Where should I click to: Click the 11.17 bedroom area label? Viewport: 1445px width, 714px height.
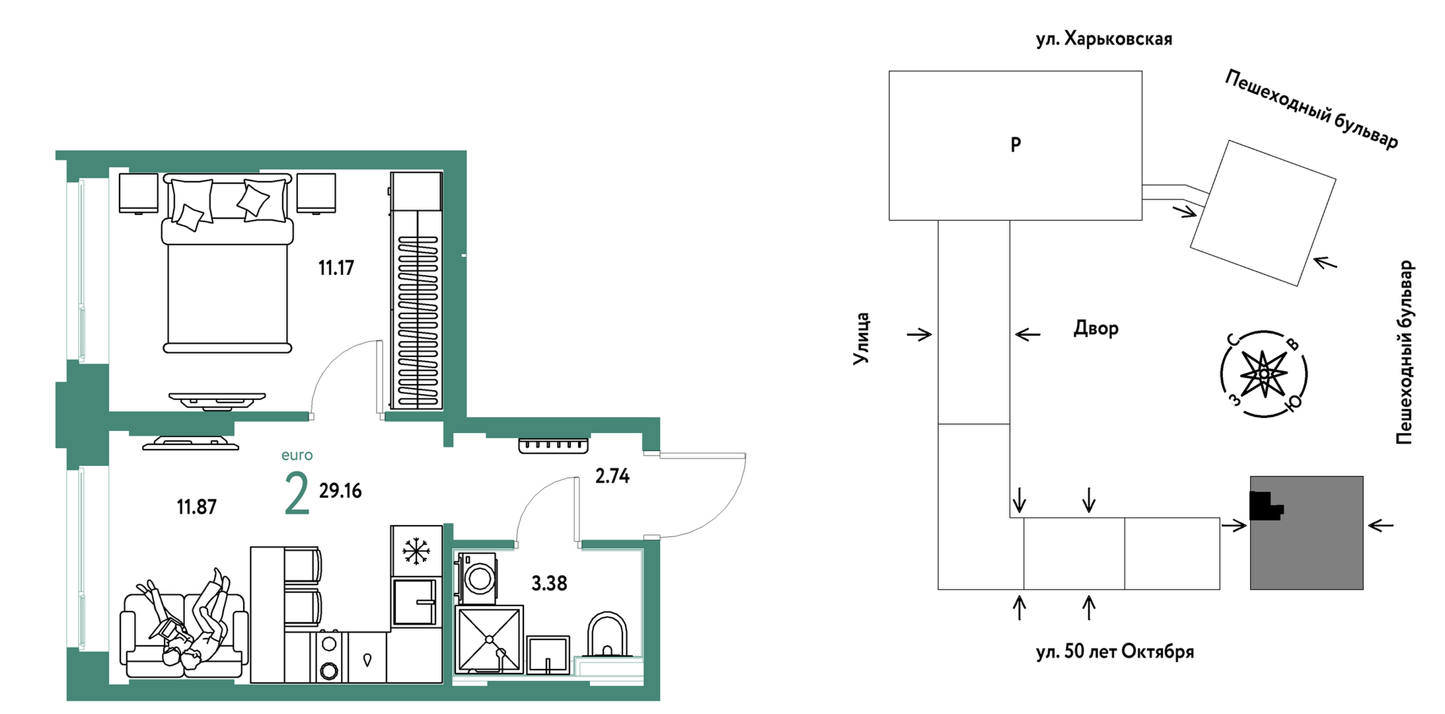point(336,268)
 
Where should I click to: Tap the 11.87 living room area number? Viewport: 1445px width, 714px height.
point(196,507)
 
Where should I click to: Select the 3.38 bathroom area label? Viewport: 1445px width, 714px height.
point(549,583)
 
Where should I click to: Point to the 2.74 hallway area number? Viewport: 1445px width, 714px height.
point(612,476)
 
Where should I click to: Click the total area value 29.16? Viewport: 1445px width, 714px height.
point(340,491)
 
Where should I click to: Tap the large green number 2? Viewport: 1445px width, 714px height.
point(297,493)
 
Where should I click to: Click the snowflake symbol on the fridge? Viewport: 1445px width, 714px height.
point(416,551)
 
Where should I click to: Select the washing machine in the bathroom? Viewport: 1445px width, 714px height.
point(476,578)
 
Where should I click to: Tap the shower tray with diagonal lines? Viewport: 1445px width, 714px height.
point(490,639)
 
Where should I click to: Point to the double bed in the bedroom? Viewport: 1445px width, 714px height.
point(227,263)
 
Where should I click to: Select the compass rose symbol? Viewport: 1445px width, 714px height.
point(1263,374)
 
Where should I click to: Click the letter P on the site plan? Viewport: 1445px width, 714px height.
point(1016,144)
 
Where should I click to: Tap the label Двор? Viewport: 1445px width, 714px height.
point(1096,328)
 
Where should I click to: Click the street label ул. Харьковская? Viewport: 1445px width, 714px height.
point(1104,39)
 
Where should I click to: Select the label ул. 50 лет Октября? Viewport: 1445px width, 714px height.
point(1115,652)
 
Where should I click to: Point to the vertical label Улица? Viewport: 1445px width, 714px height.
point(861,338)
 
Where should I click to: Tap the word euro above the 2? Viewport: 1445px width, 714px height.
point(297,456)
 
